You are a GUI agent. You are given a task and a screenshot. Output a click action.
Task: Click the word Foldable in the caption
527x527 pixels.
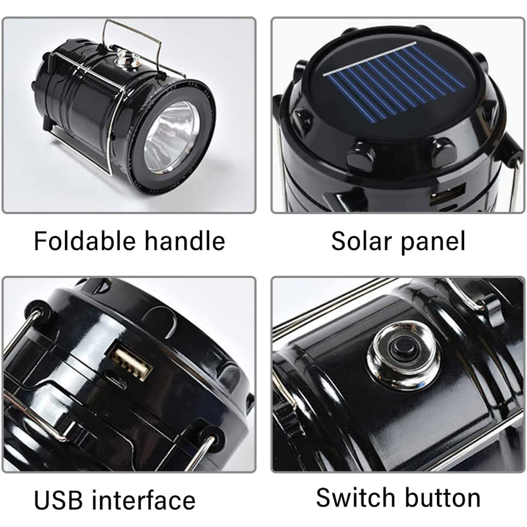tap(85, 241)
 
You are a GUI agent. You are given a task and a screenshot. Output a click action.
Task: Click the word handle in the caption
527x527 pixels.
tap(184, 241)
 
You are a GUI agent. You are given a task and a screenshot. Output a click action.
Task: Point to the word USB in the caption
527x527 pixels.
tap(58, 500)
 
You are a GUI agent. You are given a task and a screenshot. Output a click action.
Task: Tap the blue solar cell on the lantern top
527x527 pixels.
tap(396, 87)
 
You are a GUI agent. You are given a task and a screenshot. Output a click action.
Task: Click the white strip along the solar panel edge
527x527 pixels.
tap(370, 58)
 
